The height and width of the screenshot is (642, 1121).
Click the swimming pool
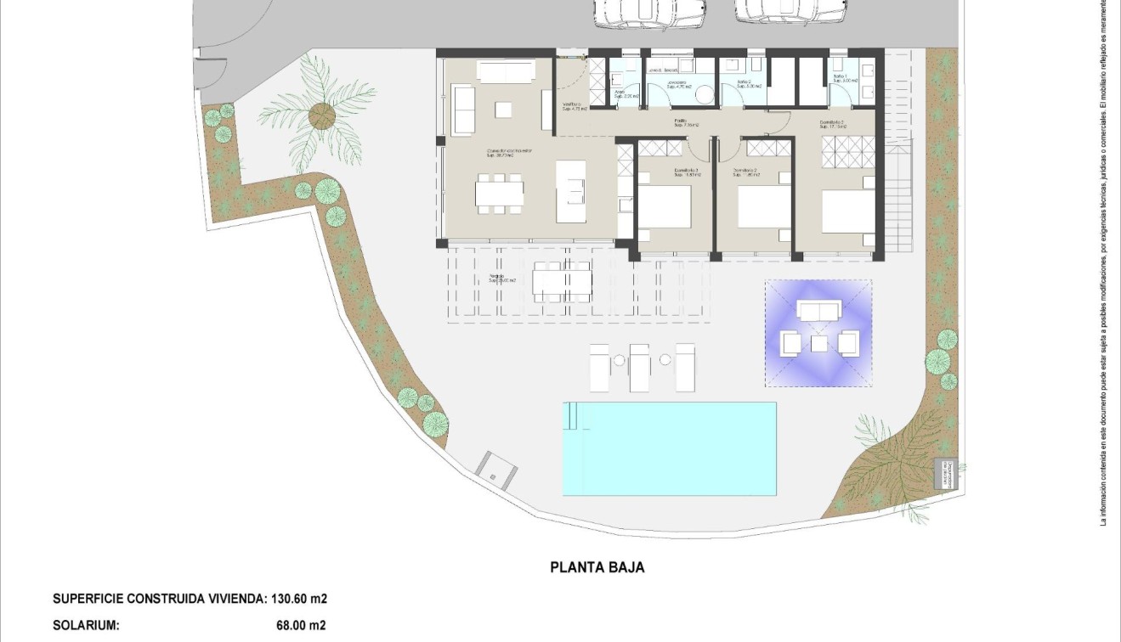[670, 448]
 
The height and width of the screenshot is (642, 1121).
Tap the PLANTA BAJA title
[597, 567]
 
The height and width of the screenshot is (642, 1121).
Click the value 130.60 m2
[299, 599]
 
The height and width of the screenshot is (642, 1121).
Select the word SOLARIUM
[86, 626]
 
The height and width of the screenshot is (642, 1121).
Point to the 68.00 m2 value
[301, 626]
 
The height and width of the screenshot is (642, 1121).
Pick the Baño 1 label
[840, 77]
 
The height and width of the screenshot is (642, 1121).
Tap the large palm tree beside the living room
[320, 115]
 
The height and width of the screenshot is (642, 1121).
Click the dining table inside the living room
[500, 194]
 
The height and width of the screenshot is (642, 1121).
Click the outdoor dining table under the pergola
[562, 281]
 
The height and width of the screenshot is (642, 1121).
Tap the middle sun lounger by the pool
[639, 367]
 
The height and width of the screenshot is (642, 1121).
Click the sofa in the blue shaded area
[818, 312]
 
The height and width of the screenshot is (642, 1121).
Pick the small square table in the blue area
[819, 343]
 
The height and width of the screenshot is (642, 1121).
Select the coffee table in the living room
[504, 110]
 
